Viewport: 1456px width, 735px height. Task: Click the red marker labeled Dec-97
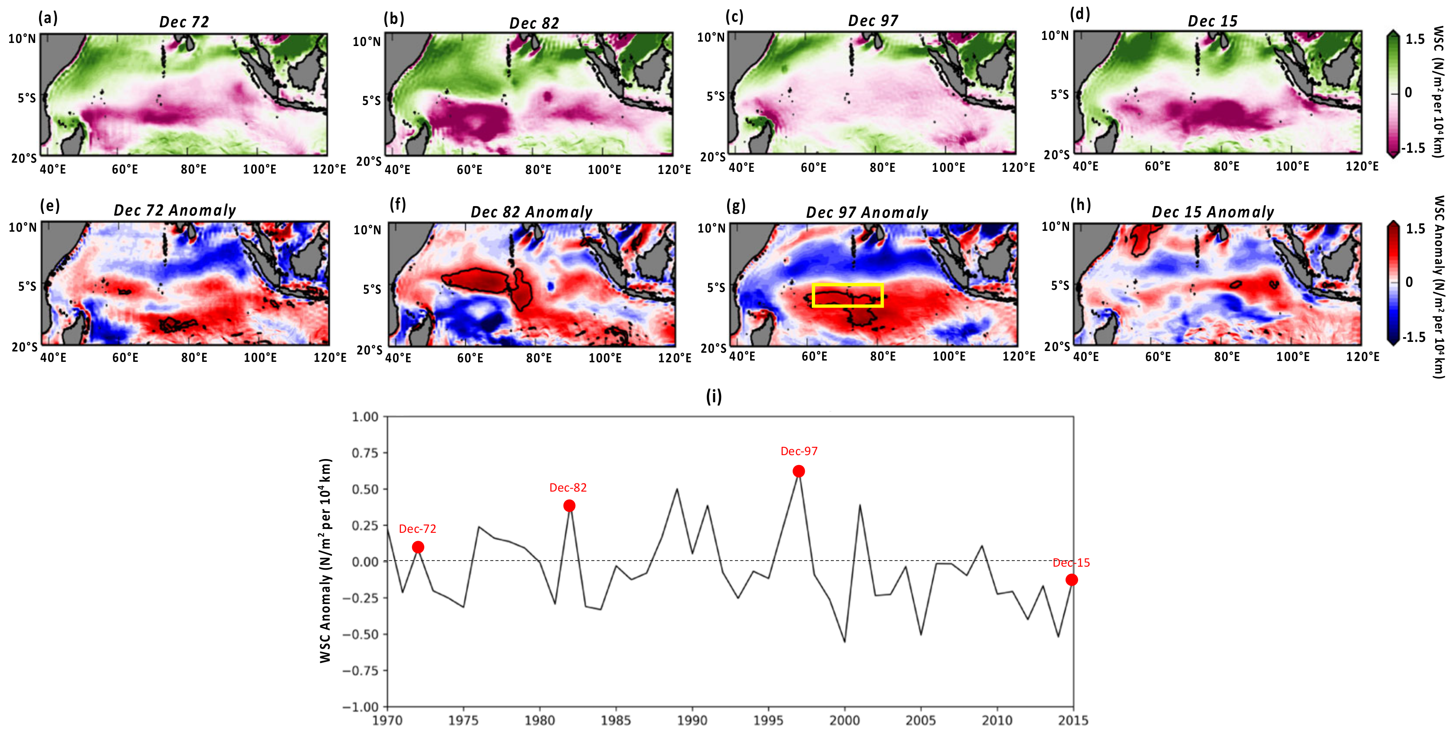(798, 471)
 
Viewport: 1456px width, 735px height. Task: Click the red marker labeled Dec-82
(569, 505)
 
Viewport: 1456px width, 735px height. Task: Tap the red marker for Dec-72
(418, 547)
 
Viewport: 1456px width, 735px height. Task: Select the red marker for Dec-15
(1071, 580)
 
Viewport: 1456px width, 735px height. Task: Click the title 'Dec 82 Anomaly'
(531, 212)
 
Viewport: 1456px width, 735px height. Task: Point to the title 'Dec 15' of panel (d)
(1212, 22)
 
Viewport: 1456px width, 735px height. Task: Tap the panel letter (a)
(48, 18)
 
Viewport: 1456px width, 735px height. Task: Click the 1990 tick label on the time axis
(692, 720)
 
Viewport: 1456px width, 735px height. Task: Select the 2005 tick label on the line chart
(921, 720)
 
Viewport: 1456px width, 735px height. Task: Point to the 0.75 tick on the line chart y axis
(364, 453)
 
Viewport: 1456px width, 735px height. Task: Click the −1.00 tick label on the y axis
(361, 707)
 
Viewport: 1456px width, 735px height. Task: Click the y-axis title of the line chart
(325, 560)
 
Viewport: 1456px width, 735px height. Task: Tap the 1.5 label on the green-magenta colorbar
(1415, 39)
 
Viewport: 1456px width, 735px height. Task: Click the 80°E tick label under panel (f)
(539, 358)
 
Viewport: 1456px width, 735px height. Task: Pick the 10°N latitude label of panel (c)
(711, 37)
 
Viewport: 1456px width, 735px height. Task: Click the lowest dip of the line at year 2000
(844, 641)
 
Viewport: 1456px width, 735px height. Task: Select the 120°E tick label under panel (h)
(1362, 357)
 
